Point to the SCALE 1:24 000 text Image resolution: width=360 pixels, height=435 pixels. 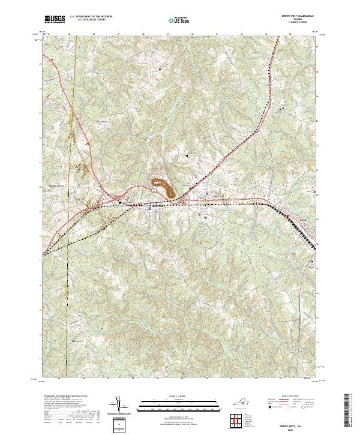coord(179,396)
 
